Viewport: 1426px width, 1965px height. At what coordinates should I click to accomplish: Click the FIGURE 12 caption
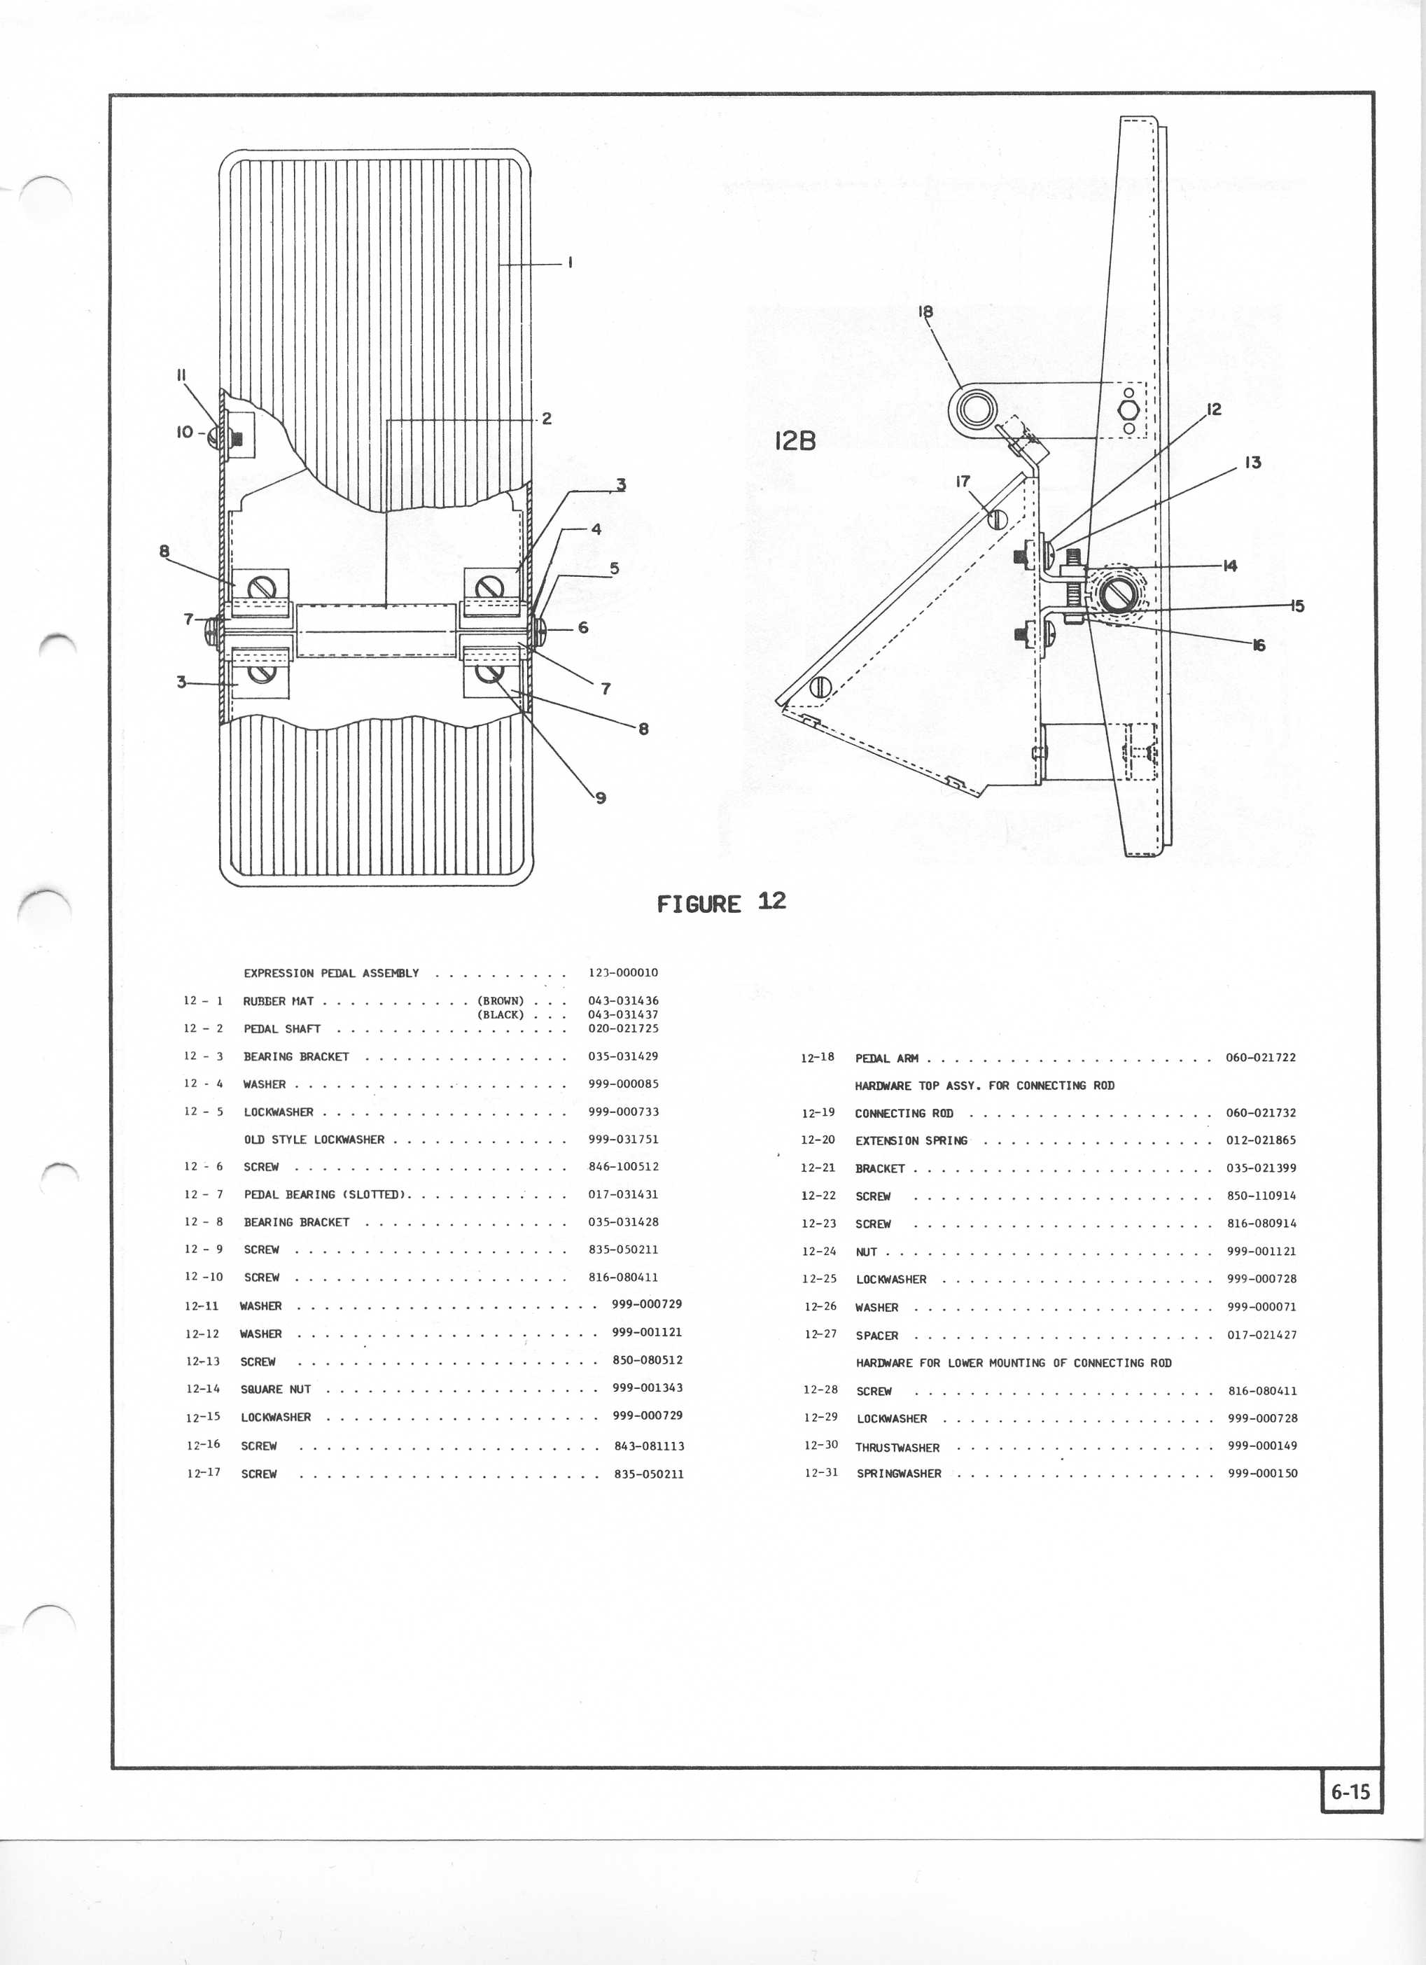721,903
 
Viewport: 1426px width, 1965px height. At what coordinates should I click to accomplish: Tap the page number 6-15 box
1350,1791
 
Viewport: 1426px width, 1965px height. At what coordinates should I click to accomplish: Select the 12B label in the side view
795,441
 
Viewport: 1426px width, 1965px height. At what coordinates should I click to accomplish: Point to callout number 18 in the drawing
925,311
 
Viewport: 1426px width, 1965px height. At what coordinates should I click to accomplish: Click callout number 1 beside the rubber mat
570,263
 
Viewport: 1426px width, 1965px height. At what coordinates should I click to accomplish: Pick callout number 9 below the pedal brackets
601,797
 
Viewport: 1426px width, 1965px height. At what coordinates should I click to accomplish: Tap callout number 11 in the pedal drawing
182,375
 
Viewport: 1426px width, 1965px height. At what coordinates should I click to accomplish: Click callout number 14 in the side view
1229,566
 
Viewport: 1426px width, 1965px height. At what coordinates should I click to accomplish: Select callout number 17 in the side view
963,482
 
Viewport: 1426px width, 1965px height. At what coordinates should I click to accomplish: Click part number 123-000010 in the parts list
623,973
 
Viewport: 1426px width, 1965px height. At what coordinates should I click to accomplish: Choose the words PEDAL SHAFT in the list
281,1028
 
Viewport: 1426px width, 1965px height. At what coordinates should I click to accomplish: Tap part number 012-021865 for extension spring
1261,1140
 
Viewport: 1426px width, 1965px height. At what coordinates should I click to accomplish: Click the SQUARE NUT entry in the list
276,1389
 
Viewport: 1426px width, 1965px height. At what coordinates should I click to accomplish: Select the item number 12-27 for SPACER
820,1334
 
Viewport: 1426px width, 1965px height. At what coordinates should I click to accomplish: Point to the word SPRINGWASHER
898,1473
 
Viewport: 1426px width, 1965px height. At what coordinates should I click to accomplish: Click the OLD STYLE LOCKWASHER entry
314,1140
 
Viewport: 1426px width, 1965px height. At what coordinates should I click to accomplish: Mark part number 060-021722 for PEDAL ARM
1261,1057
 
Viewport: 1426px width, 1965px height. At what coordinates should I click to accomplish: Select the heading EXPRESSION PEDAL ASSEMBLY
331,973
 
